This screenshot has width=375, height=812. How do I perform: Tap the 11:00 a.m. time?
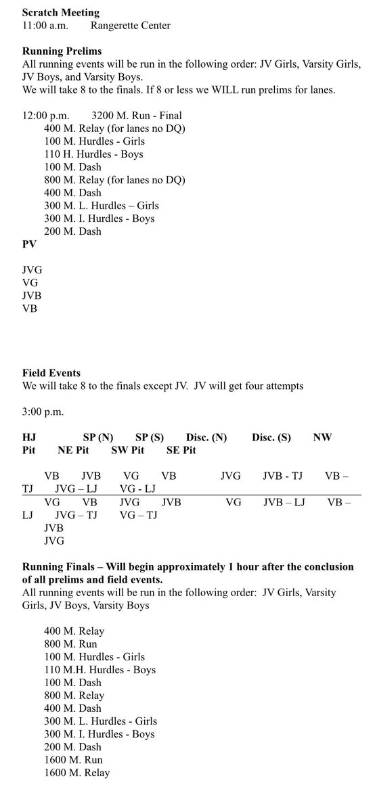point(45,25)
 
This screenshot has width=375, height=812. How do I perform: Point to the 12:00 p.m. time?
point(45,115)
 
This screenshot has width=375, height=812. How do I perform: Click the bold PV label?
point(29,244)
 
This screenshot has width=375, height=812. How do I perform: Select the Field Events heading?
point(51,373)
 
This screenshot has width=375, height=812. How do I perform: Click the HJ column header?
point(29,438)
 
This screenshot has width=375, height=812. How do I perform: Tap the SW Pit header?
point(128,450)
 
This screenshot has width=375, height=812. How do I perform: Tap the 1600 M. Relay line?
point(76,773)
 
